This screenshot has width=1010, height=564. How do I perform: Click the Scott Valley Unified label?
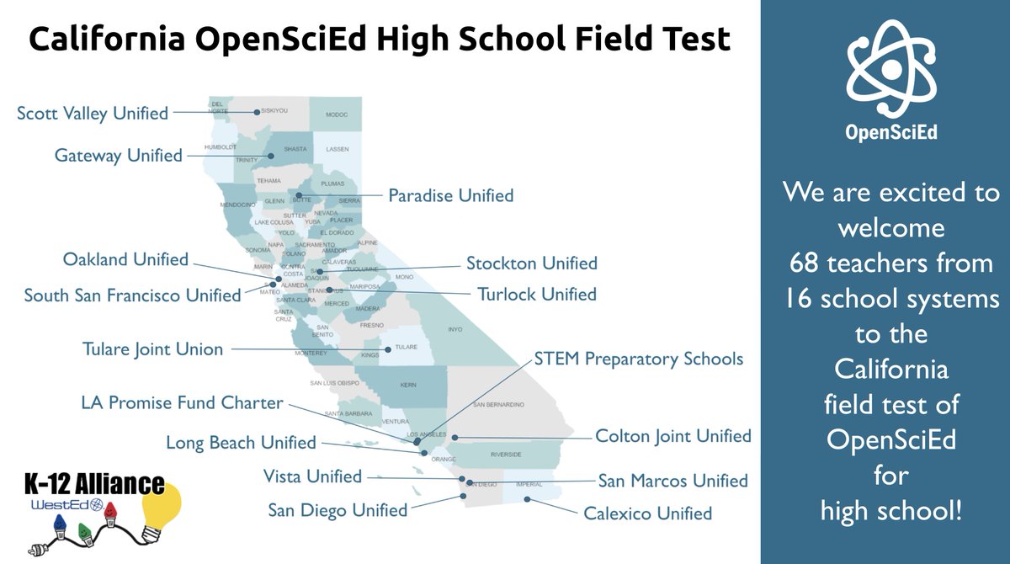pos(93,113)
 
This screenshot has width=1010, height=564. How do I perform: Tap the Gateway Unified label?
pos(119,156)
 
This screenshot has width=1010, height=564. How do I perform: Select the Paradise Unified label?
pos(450,195)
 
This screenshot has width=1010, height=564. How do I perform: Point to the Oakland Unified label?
pos(125,259)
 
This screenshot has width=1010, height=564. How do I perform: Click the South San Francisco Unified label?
pos(132,295)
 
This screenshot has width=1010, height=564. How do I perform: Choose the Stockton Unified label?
pos(532,263)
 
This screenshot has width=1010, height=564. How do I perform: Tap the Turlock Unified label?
pos(537,295)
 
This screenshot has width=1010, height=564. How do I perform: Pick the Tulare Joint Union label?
pos(152,349)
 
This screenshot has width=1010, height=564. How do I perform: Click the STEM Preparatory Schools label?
pos(639,359)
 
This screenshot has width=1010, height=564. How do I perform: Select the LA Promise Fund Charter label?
pos(182,403)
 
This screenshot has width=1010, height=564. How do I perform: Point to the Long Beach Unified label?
pos(241,442)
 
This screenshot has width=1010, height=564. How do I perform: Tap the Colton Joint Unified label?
pos(673,436)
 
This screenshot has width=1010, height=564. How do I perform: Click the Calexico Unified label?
pos(648,513)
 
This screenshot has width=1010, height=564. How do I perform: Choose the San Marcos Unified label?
pos(672,481)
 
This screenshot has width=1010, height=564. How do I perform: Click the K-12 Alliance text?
pos(94,484)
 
